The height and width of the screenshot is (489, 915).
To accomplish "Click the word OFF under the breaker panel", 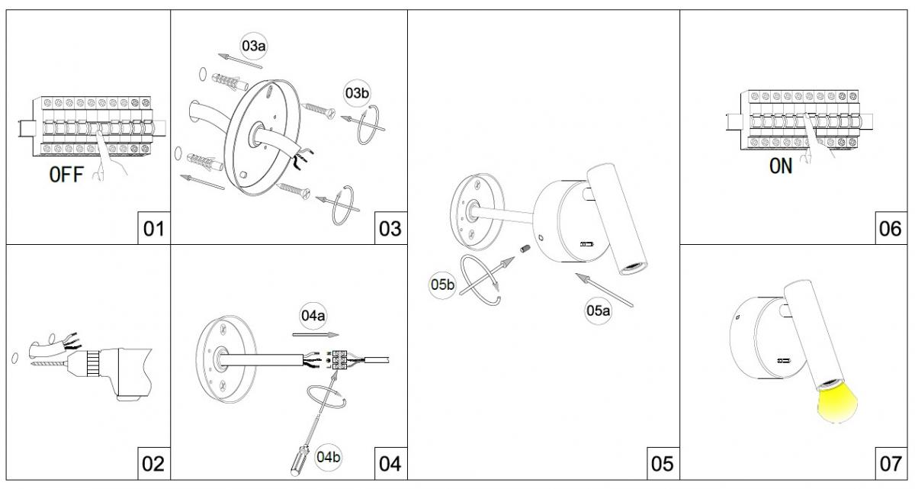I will [67, 176].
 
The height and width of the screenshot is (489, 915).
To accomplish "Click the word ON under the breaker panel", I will [780, 166].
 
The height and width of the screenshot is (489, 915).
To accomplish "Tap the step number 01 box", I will [153, 228].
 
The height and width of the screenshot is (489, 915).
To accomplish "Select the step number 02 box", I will [153, 464].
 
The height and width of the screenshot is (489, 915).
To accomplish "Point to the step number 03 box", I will [390, 228].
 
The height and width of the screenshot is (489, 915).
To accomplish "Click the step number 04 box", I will [390, 464].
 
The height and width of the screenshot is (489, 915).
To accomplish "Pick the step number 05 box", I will [662, 464].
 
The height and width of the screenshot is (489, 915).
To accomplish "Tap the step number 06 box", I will [890, 228].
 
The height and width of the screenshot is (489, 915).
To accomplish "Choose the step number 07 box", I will [890, 464].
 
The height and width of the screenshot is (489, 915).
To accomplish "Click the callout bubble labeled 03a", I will [253, 46].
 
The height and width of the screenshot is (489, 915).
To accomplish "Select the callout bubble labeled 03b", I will [357, 93].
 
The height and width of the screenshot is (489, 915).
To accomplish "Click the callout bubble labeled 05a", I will [599, 310].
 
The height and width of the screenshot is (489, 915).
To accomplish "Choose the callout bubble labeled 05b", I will [443, 285].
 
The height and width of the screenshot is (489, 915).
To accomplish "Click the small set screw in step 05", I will [525, 249].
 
